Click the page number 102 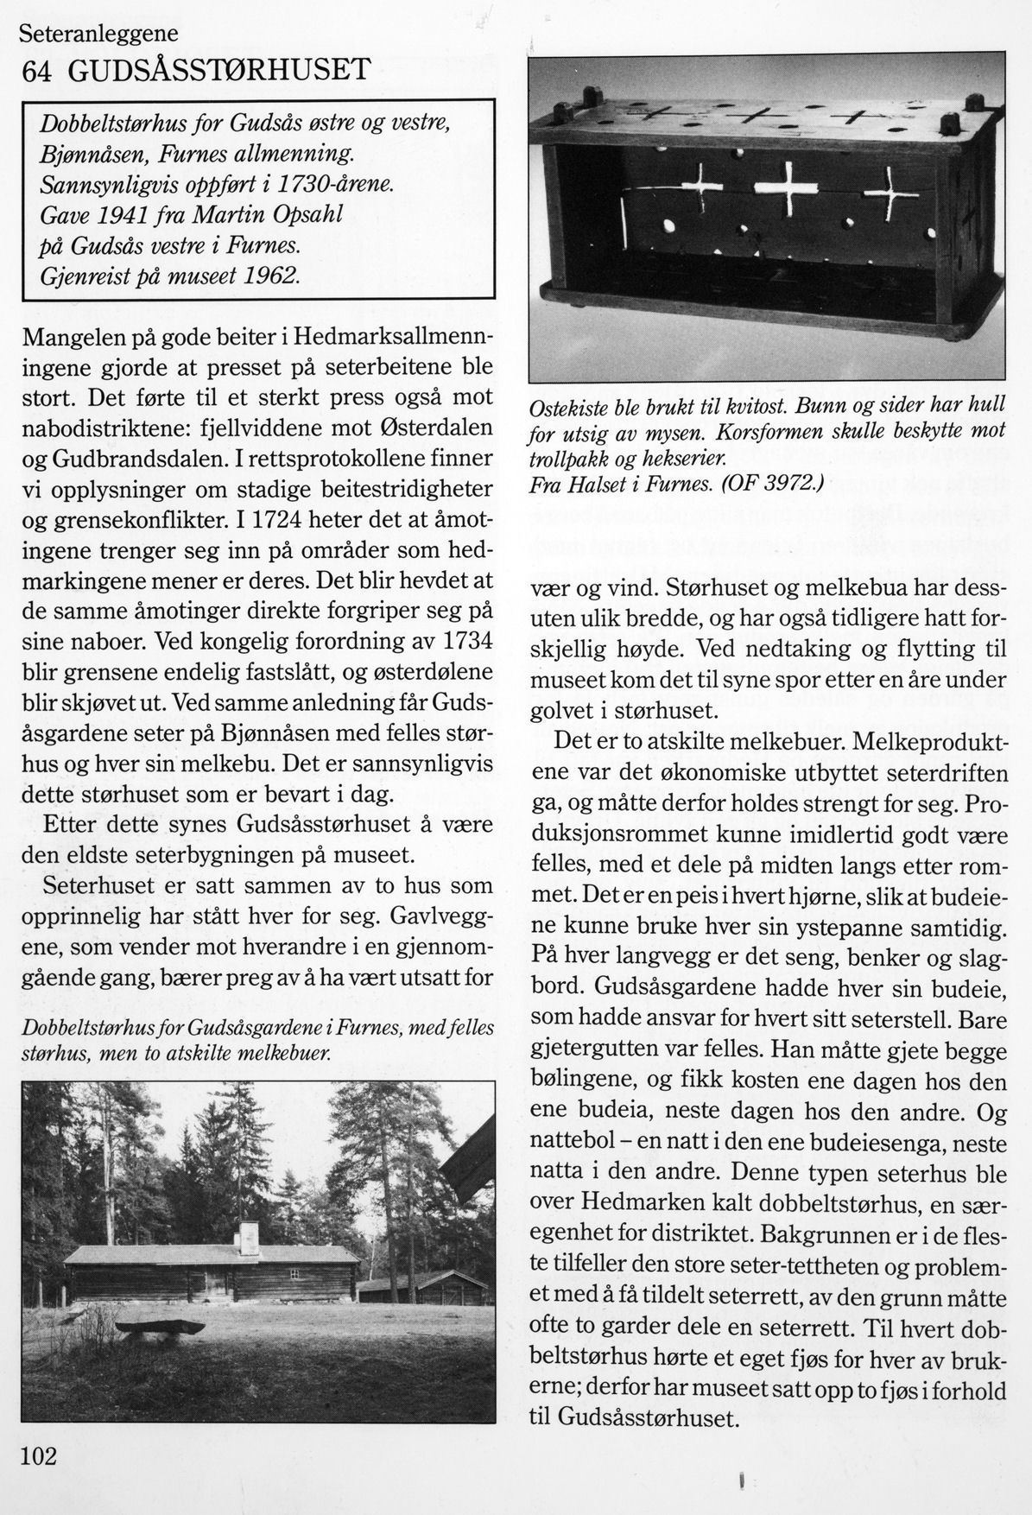coord(38,1456)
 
